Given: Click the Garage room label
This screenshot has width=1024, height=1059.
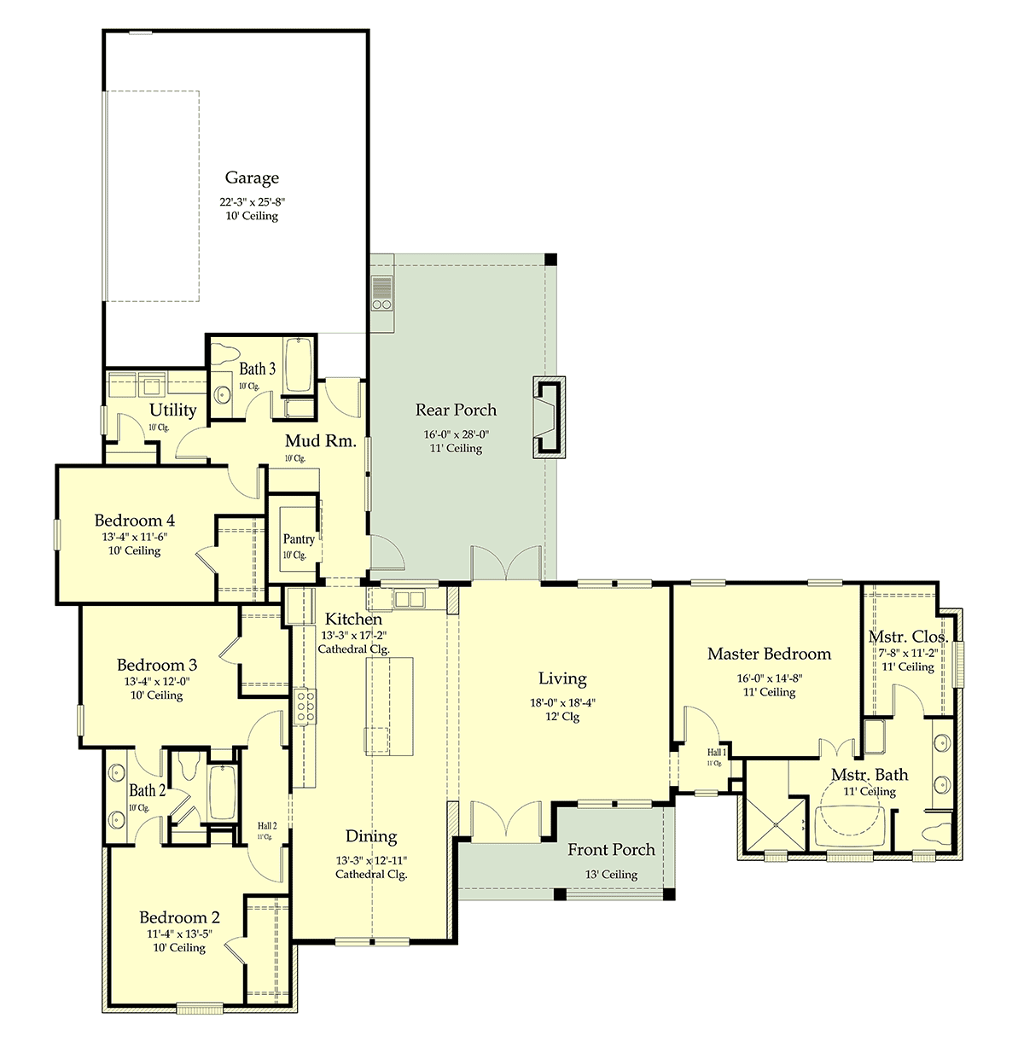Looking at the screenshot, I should click(252, 177).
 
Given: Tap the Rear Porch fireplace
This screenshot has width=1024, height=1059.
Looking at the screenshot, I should click(549, 417).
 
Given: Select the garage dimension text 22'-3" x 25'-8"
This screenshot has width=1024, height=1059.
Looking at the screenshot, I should click(252, 202).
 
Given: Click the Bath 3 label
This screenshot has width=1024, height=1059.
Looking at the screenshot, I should click(257, 369).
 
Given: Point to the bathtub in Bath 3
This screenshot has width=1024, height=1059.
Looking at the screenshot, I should click(299, 364).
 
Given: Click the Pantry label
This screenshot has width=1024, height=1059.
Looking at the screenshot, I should click(299, 538).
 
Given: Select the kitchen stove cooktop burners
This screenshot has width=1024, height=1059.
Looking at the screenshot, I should click(305, 707).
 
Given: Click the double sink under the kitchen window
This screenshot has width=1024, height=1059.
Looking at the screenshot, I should click(409, 599).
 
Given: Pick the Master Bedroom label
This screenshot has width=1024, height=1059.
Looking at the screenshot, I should click(769, 654).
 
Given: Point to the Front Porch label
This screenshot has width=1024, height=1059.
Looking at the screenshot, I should click(611, 849).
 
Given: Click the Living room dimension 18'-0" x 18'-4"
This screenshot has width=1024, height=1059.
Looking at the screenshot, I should click(562, 702).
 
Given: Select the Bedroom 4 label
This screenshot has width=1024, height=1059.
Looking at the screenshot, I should click(135, 520).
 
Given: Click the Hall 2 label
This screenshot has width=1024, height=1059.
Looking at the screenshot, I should click(267, 826).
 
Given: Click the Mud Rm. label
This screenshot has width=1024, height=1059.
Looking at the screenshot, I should click(320, 440).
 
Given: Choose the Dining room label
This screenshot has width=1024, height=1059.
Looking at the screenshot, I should click(371, 836).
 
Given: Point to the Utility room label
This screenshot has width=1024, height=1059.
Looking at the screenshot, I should click(173, 410).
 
